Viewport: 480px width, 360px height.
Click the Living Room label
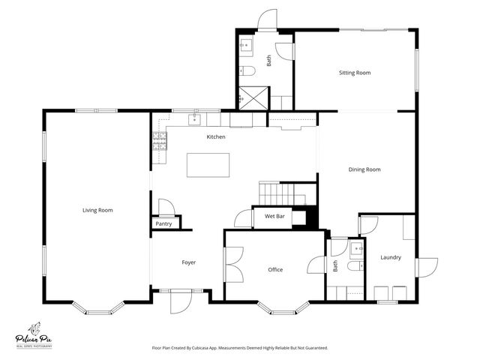point(97,211)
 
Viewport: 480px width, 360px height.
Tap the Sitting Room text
point(355,73)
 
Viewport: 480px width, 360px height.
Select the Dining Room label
point(364,169)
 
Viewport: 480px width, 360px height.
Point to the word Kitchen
point(216,136)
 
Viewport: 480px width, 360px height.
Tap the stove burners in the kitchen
point(159,141)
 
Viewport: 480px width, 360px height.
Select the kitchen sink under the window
point(196,118)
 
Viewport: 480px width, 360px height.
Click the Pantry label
point(163,223)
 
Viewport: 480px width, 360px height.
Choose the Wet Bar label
point(274,217)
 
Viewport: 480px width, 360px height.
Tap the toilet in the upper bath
point(249,71)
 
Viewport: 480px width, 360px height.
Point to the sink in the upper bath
point(245,46)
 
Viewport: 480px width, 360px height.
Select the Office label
point(275,269)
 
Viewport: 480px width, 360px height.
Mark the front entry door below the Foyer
point(180,301)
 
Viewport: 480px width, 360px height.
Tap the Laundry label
point(390,257)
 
